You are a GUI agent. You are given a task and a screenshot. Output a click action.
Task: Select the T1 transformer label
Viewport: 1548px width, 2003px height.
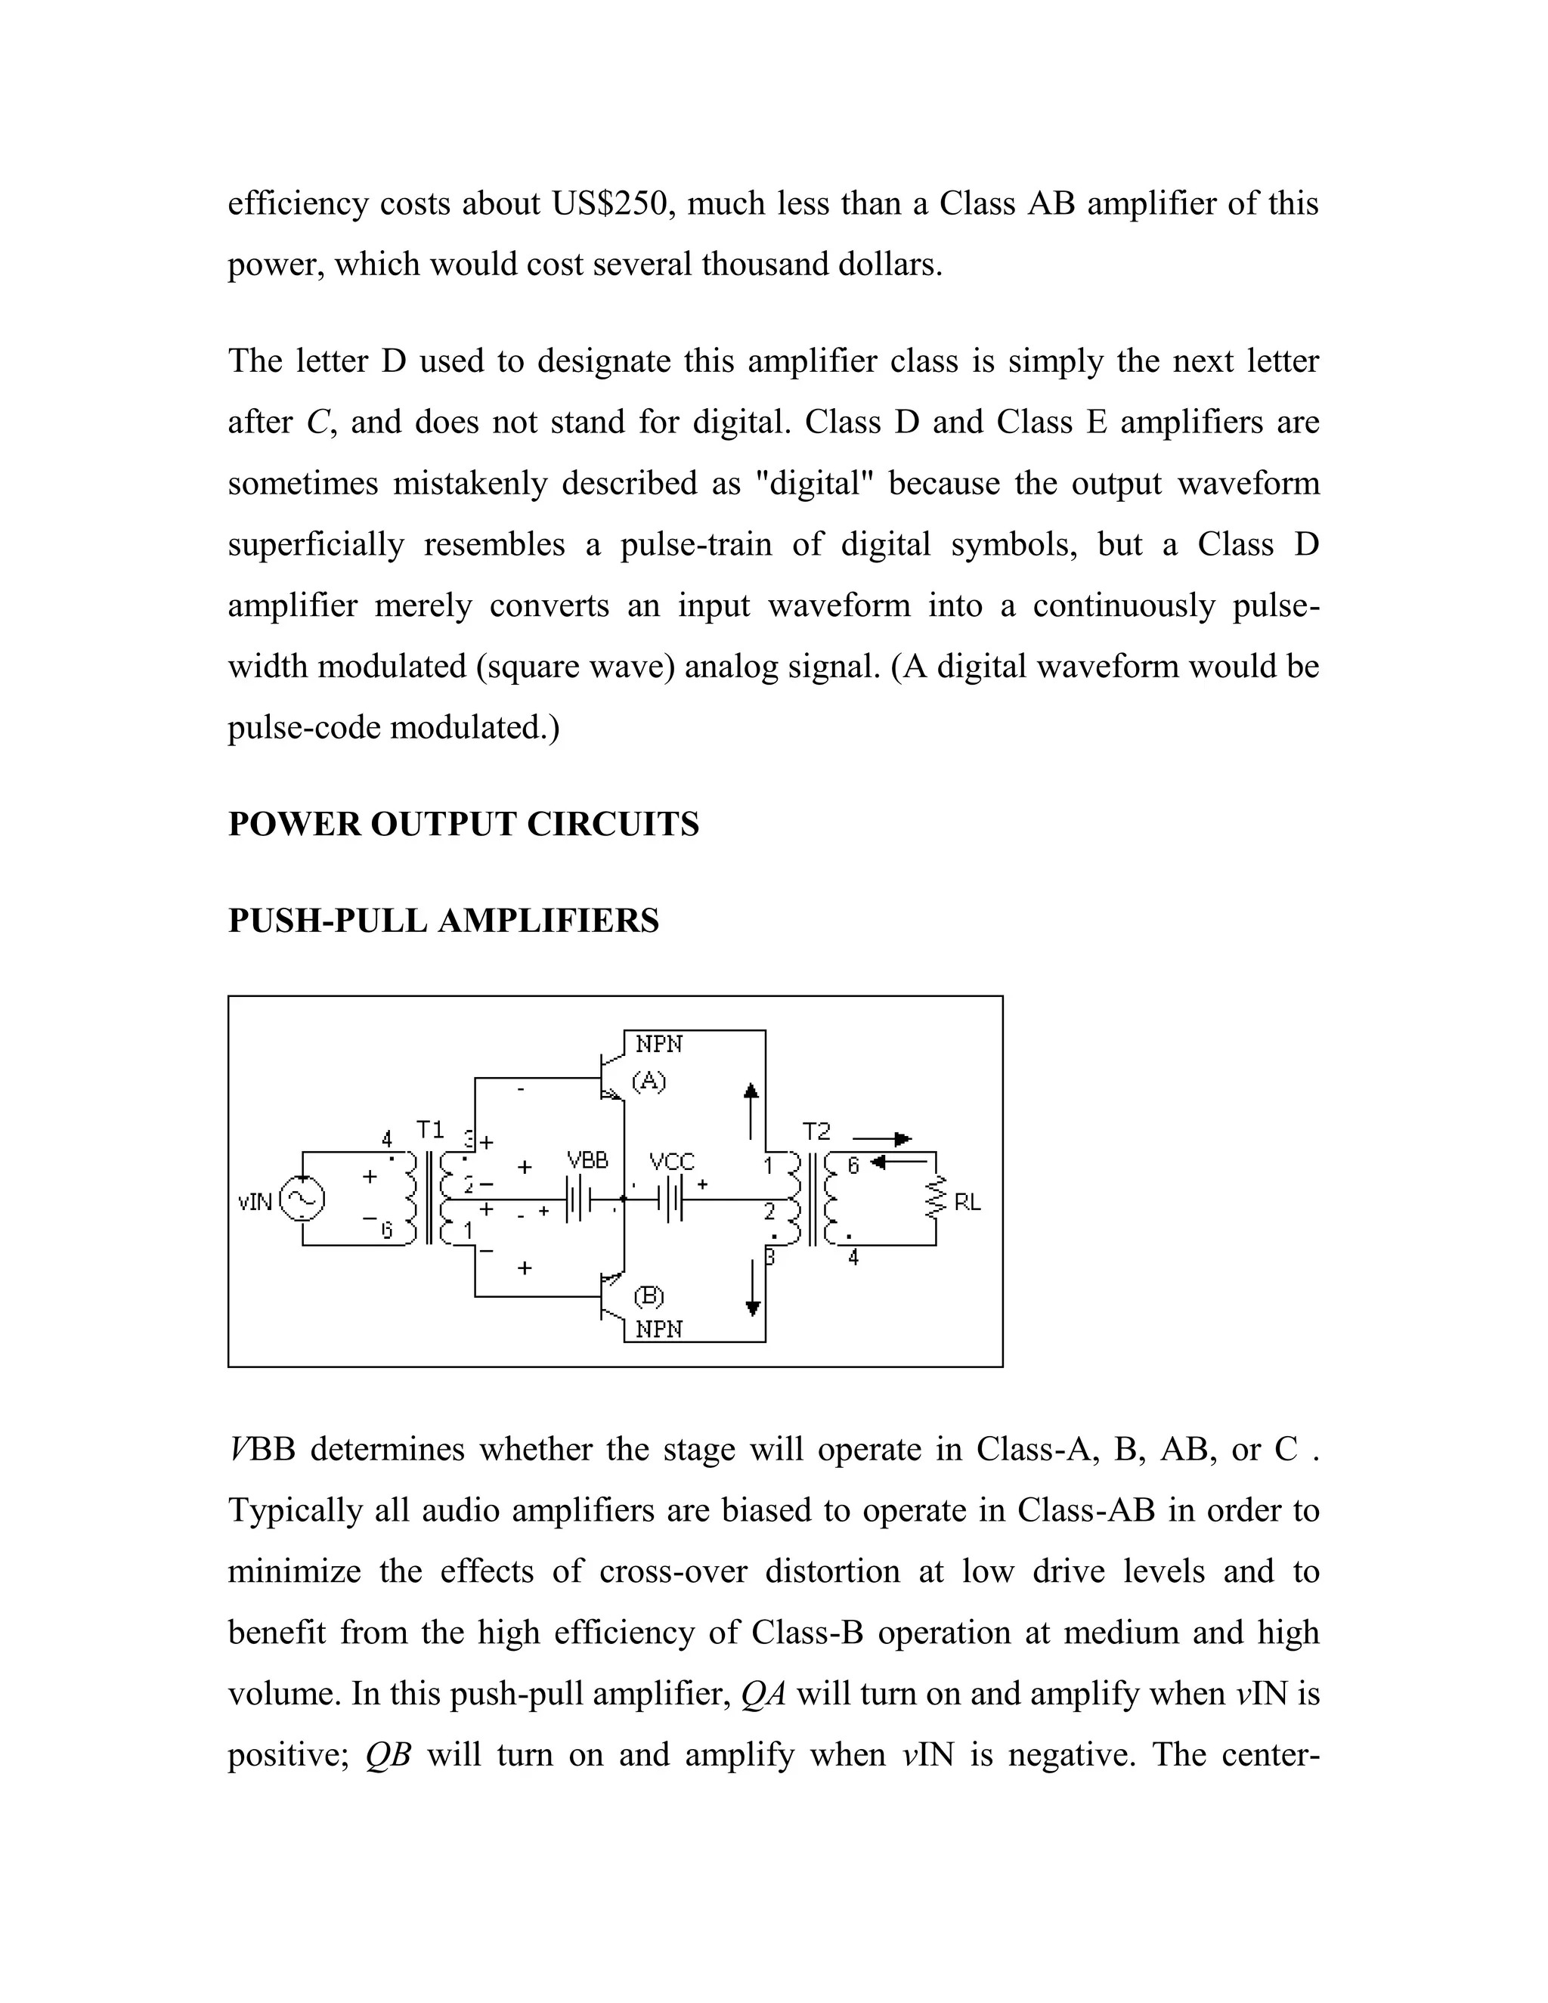coord(430,1129)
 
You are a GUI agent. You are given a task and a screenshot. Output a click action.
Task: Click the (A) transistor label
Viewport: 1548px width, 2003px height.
coord(649,1082)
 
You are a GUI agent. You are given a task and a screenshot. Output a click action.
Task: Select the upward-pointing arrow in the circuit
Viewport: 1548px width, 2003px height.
coord(751,1110)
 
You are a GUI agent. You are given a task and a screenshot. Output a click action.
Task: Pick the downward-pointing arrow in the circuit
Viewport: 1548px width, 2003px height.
coord(753,1289)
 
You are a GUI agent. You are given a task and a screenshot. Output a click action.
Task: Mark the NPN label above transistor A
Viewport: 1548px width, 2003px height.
coord(658,1045)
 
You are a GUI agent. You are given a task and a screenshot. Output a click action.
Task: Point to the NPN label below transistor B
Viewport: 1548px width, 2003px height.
coord(658,1329)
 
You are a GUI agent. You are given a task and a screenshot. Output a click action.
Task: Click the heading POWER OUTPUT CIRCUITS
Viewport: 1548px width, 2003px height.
coord(463,825)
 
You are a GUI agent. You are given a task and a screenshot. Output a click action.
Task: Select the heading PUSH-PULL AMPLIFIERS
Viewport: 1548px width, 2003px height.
coord(443,921)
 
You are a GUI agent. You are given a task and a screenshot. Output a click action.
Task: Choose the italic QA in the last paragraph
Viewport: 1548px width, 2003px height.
coord(763,1694)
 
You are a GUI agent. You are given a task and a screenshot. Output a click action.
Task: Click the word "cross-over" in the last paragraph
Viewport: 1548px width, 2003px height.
coord(673,1572)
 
